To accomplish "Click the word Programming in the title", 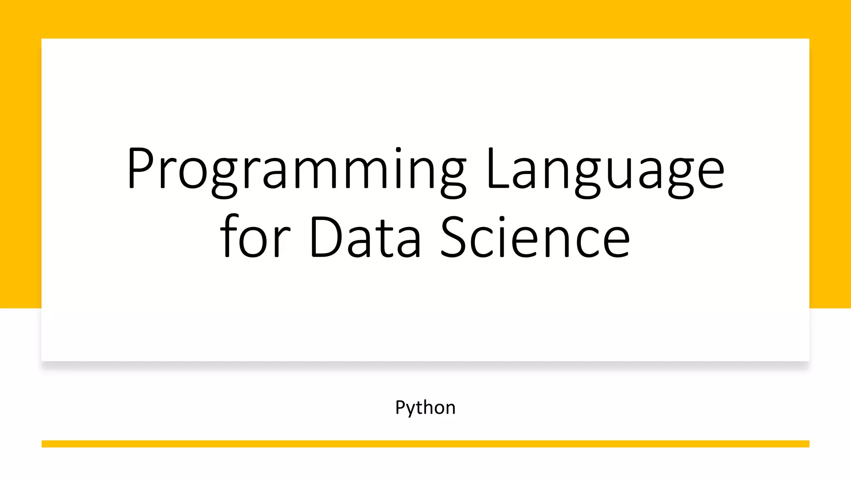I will coord(296,168).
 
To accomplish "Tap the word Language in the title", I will coord(605,168).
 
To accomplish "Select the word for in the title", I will coord(255,237).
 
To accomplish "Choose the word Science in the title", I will coord(535,237).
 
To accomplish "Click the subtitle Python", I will coord(425,407).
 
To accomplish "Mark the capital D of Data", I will coord(325,237).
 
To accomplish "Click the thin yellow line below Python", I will coord(425,444).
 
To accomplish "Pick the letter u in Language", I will coord(617,172).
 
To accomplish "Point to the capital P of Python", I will coord(400,407).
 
